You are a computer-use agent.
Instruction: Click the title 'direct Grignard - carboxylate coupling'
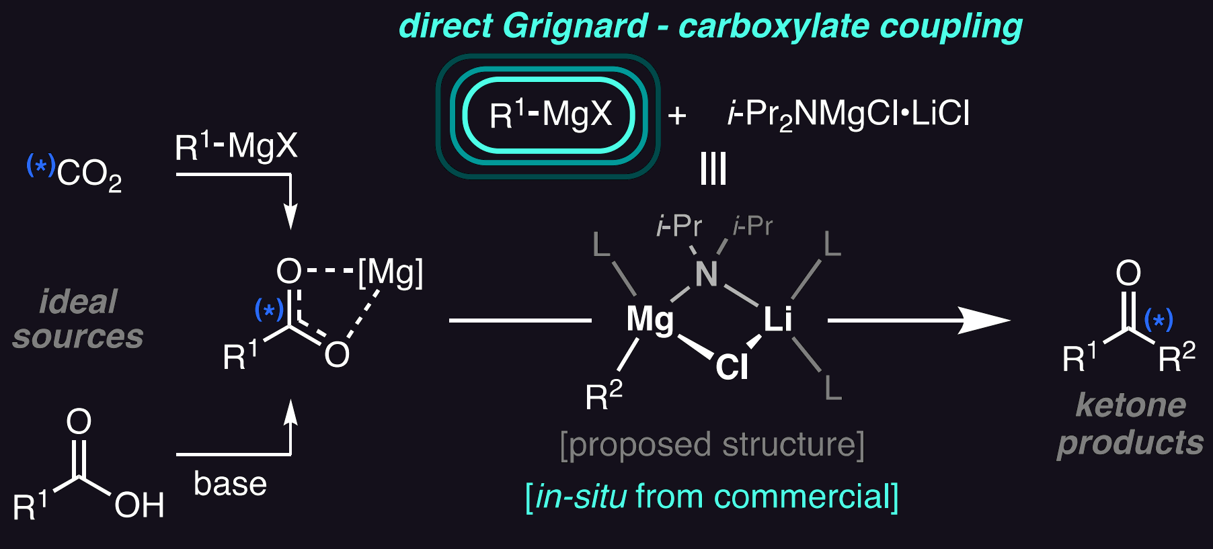point(711,27)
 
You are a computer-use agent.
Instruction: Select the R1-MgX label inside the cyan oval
point(551,114)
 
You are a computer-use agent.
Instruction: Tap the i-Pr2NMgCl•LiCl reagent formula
point(849,114)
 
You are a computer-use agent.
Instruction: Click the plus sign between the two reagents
point(677,116)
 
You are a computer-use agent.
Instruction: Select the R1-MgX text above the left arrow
point(236,146)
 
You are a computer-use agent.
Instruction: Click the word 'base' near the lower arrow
point(230,484)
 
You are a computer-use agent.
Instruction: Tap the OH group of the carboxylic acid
point(139,505)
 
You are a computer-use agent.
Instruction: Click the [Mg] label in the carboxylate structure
point(391,273)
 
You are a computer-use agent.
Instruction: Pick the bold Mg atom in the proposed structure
point(650,320)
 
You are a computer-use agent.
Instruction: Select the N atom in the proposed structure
point(707,274)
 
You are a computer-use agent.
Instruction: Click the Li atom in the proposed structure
point(778,319)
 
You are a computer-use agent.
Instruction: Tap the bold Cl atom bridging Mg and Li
point(732,367)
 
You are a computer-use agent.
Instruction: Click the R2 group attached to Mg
point(604,395)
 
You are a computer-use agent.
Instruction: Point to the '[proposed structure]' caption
point(712,446)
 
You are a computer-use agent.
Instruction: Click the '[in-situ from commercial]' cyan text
point(711,497)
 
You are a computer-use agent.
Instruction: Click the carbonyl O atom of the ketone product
point(1128,273)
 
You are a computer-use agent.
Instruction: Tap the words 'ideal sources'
point(78,319)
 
